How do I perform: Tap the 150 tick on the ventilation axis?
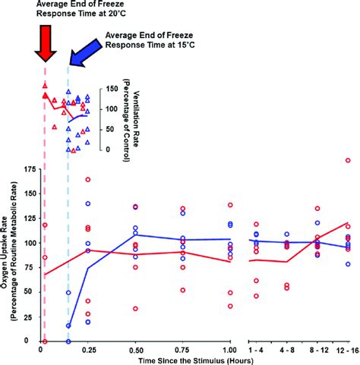click(110, 88)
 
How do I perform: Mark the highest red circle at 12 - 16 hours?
click(348, 161)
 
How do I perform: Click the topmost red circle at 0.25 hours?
click(88, 180)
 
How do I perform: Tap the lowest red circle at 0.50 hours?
click(136, 309)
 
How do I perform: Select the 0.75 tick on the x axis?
click(182, 350)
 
